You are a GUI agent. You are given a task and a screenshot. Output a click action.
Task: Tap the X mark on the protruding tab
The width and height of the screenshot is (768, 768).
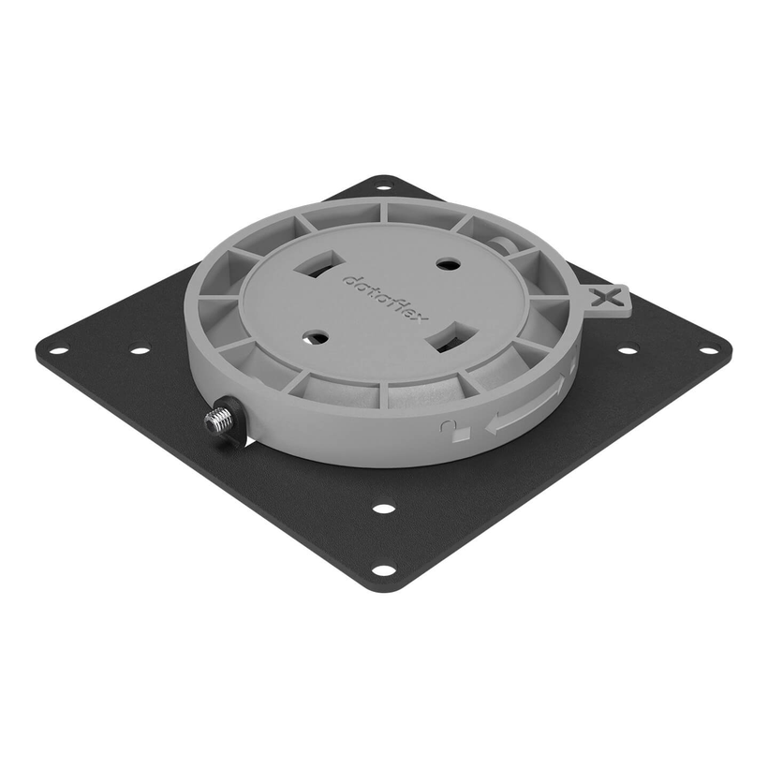pos(610,298)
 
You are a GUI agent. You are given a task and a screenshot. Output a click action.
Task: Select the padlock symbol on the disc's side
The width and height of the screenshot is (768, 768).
pos(446,428)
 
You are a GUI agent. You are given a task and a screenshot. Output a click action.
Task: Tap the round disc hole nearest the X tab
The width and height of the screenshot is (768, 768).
pos(447,265)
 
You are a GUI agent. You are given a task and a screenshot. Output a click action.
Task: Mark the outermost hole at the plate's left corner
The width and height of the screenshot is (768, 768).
pos(58,351)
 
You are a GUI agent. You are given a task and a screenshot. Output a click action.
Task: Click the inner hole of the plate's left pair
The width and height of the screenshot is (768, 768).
pos(140,351)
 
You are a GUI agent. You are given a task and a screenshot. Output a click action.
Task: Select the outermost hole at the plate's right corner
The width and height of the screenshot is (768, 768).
pos(709,351)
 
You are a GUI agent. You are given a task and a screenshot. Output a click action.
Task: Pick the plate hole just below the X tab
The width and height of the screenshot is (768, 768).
pos(628,351)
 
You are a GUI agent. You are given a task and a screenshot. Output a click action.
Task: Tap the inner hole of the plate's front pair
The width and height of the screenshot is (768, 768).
pos(383,509)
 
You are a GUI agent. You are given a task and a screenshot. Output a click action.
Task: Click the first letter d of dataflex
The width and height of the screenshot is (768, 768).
pos(348,279)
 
